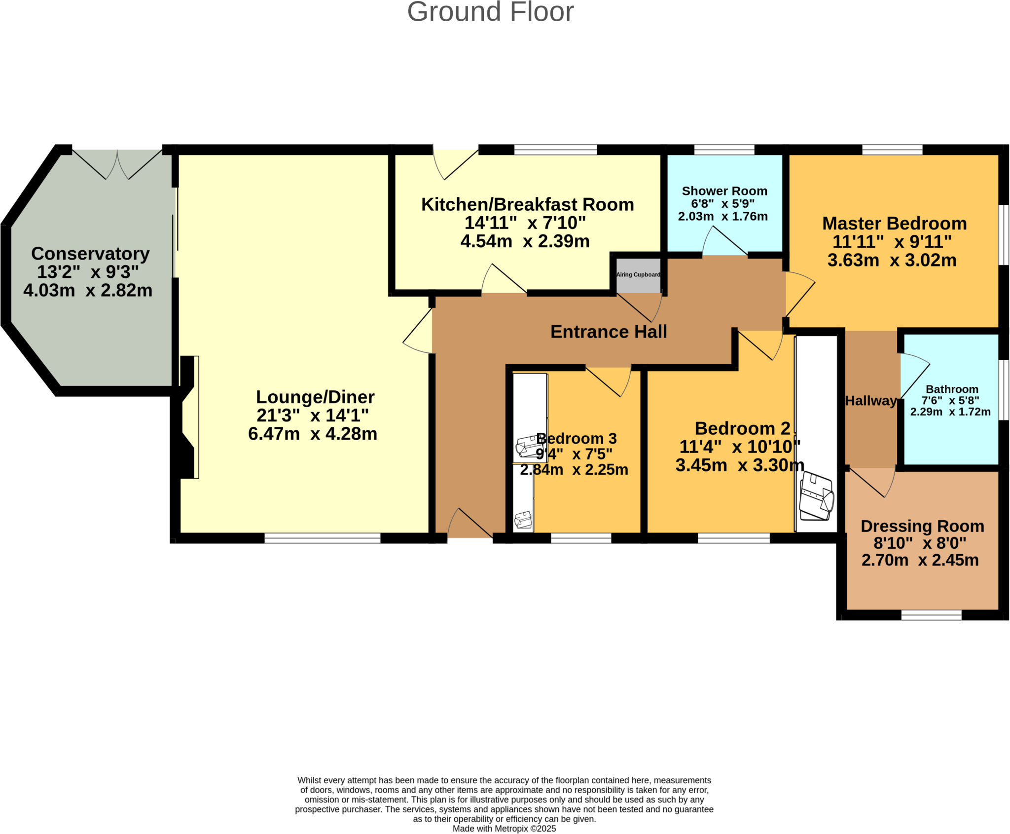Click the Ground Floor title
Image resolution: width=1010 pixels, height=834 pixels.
click(x=490, y=12)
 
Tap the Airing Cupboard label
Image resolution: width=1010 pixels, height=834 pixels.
click(x=638, y=275)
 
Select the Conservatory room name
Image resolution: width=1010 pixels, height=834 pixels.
click(x=90, y=254)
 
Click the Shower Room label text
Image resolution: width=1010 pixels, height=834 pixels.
click(x=724, y=191)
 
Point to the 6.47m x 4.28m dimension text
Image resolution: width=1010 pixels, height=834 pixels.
click(x=313, y=434)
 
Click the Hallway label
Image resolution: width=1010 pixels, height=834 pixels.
click(x=870, y=401)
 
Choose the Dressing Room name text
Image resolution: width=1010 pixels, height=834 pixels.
click(x=922, y=526)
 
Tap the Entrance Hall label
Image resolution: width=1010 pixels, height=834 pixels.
click(x=609, y=332)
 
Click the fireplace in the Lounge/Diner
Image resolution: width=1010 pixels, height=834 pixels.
click(x=189, y=417)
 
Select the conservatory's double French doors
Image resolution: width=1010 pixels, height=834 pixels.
click(x=117, y=164)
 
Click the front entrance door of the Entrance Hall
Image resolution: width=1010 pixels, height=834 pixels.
click(x=469, y=525)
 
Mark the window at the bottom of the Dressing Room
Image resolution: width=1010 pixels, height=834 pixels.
click(x=931, y=615)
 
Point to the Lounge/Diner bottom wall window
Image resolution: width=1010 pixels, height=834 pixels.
click(x=323, y=538)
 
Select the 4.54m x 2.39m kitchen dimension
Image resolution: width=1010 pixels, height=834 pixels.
click(x=525, y=241)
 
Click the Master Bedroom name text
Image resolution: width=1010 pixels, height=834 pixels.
click(x=894, y=224)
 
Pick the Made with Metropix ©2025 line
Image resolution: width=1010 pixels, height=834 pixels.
click(x=504, y=829)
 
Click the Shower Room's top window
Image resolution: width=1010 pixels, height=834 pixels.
click(x=724, y=150)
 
